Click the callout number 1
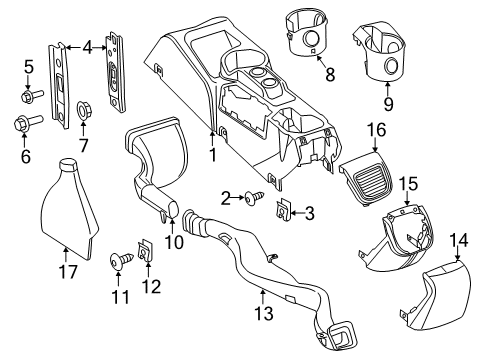(x=211, y=156)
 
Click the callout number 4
(x=88, y=46)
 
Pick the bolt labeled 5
(x=29, y=97)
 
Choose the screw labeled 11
(x=117, y=262)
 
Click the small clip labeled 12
(x=144, y=254)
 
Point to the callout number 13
(x=263, y=294)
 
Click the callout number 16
(x=375, y=129)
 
